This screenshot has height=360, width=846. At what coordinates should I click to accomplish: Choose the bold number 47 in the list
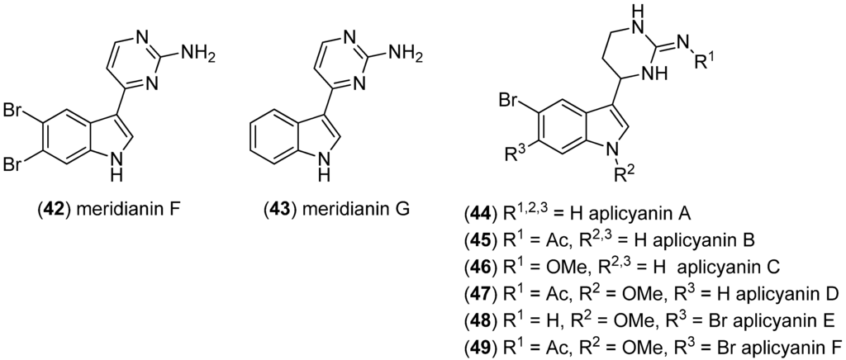480,294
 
